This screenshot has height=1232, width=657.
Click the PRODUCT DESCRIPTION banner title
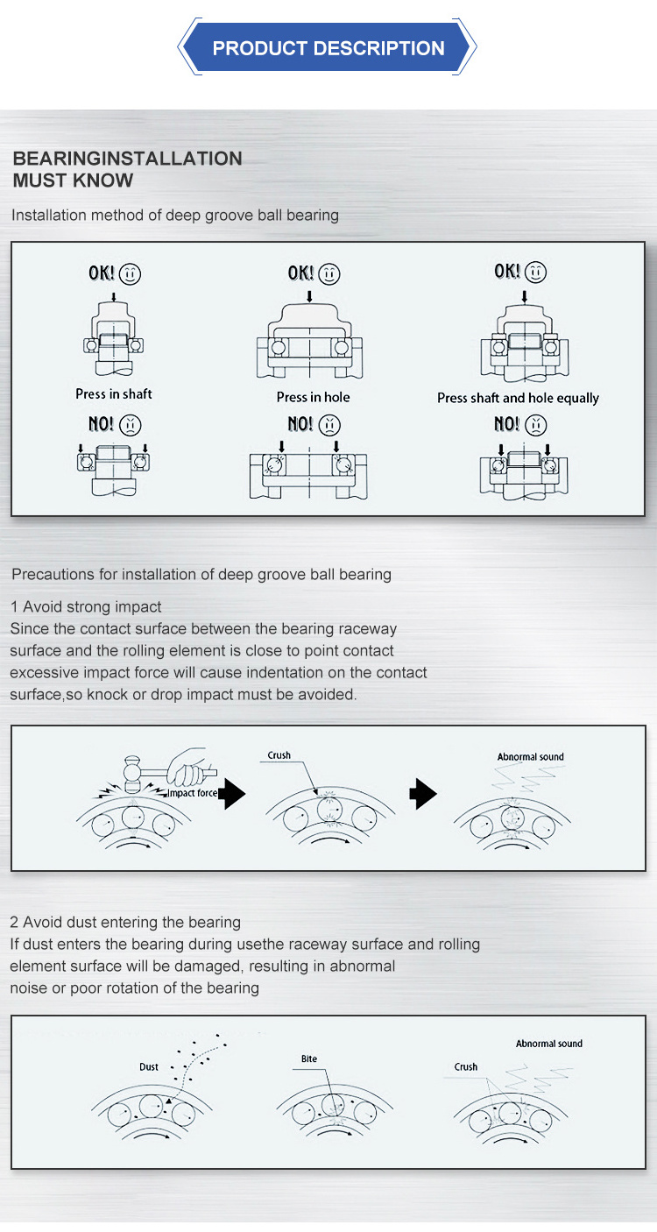[328, 48]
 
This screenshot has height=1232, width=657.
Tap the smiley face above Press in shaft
[130, 273]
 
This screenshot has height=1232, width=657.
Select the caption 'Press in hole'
[313, 397]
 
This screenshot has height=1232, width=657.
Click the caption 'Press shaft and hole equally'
[518, 398]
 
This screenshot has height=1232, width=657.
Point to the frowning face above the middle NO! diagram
[329, 425]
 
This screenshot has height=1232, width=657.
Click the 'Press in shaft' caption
[114, 394]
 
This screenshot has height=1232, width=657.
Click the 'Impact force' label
[192, 793]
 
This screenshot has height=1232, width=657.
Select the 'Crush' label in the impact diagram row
[279, 755]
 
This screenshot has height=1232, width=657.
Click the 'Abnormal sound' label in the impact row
[531, 757]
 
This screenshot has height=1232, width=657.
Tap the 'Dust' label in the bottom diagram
[149, 1067]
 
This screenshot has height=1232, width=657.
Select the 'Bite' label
[308, 1059]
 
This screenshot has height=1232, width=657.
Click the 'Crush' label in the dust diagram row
[466, 1067]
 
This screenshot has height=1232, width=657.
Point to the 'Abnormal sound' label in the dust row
[549, 1044]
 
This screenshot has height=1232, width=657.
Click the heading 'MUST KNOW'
[73, 181]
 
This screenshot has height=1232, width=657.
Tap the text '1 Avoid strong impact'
[86, 606]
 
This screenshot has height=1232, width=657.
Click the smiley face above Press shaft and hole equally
[536, 273]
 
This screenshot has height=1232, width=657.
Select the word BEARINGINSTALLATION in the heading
[127, 159]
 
